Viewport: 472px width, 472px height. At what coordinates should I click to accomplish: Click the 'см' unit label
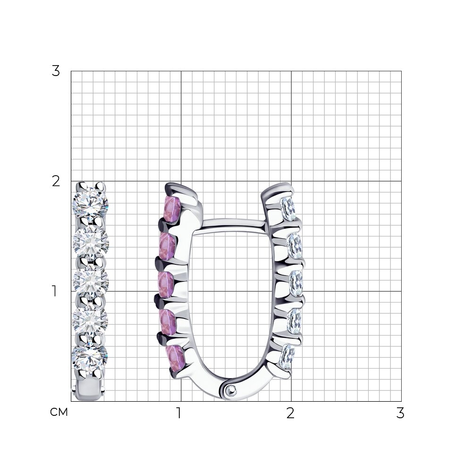[x=59, y=412]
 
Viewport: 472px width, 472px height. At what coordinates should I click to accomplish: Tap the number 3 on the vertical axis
[x=56, y=71]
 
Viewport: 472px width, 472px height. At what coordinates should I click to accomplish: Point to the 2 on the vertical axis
[x=56, y=181]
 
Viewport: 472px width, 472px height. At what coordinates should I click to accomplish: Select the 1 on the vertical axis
[x=54, y=291]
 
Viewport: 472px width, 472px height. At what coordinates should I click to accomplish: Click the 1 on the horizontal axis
[x=179, y=413]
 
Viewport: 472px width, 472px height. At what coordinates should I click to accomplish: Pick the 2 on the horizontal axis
[x=290, y=413]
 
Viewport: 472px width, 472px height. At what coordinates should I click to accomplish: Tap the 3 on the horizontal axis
[x=400, y=413]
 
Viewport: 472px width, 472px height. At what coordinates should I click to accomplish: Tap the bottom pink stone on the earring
[x=176, y=359]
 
